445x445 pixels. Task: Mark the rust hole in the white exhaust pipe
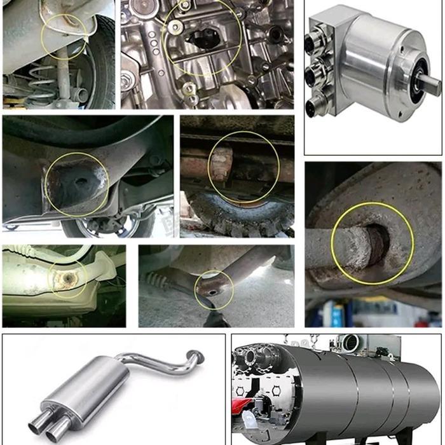(65, 278)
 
